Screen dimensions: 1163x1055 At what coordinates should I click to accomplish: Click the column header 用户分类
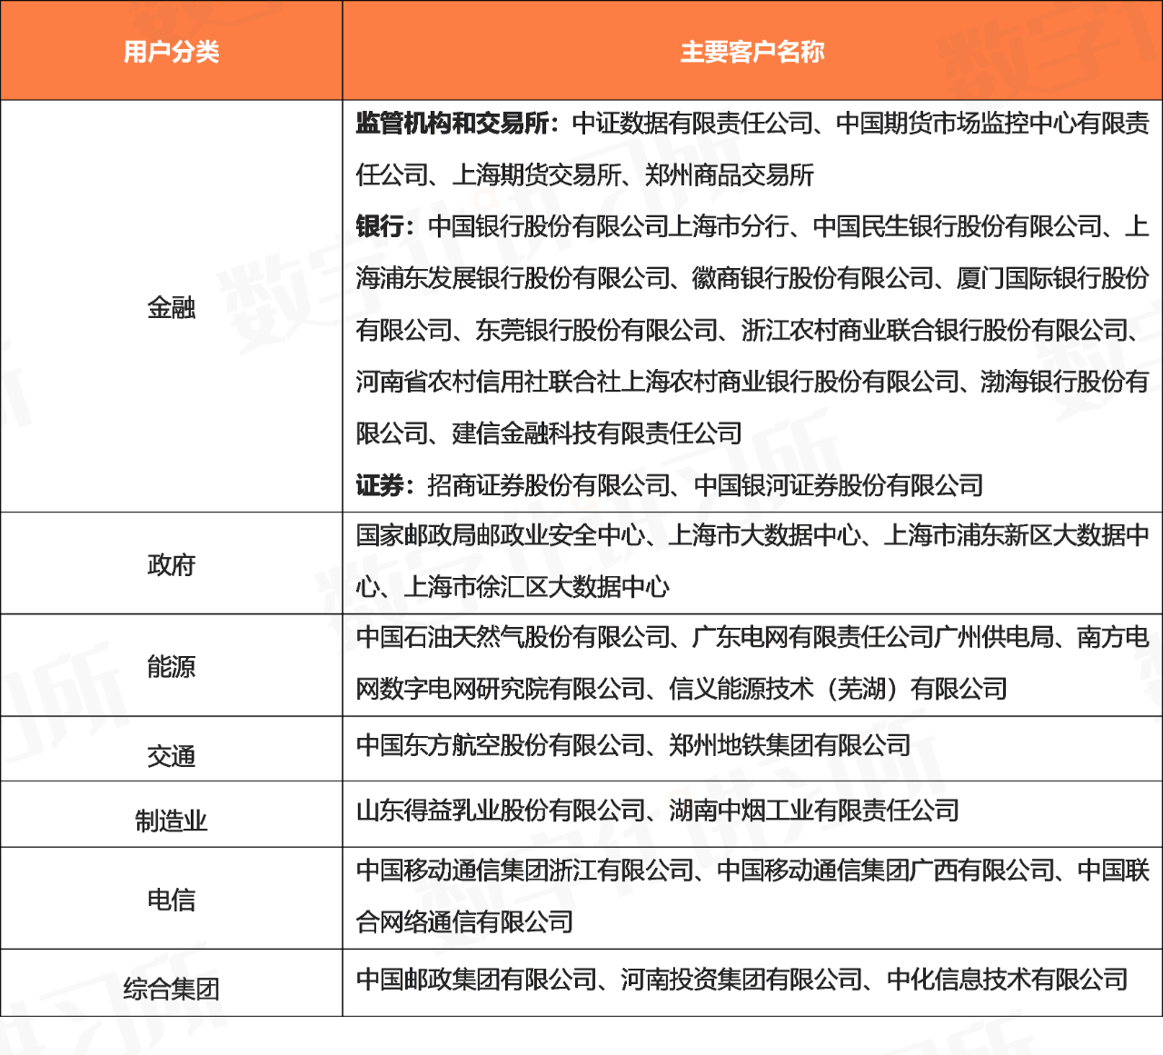[x=172, y=52]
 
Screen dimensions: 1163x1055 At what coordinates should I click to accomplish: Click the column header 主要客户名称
[x=752, y=52]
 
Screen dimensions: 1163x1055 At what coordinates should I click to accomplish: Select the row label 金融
[x=172, y=308]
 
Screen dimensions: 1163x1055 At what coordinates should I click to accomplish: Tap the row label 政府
[x=172, y=565]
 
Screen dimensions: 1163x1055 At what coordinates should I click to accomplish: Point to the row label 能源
[x=172, y=668]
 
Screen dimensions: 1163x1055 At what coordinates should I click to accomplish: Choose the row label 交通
[x=172, y=756]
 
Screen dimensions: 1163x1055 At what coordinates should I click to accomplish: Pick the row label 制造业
[x=172, y=821]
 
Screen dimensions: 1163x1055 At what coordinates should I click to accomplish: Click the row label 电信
[x=172, y=901]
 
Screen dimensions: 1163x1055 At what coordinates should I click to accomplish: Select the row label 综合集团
[x=172, y=988]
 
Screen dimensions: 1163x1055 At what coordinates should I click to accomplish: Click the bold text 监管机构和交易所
[x=452, y=124]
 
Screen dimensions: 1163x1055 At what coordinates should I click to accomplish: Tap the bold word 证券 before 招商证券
[x=380, y=486]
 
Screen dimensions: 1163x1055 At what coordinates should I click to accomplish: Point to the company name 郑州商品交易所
[x=729, y=175]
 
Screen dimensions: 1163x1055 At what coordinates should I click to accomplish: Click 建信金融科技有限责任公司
[x=596, y=434]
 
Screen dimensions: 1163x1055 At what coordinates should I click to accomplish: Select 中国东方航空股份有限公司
[x=501, y=746]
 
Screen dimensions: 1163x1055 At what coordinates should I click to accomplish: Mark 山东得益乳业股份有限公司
[x=501, y=810]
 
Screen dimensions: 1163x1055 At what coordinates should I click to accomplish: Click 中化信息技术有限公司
[x=1007, y=980]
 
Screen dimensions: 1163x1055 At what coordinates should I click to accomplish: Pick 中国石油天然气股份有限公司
[x=512, y=638]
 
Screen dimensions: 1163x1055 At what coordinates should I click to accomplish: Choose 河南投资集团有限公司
[x=741, y=980]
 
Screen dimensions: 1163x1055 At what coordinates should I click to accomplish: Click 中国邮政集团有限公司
[x=476, y=980]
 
